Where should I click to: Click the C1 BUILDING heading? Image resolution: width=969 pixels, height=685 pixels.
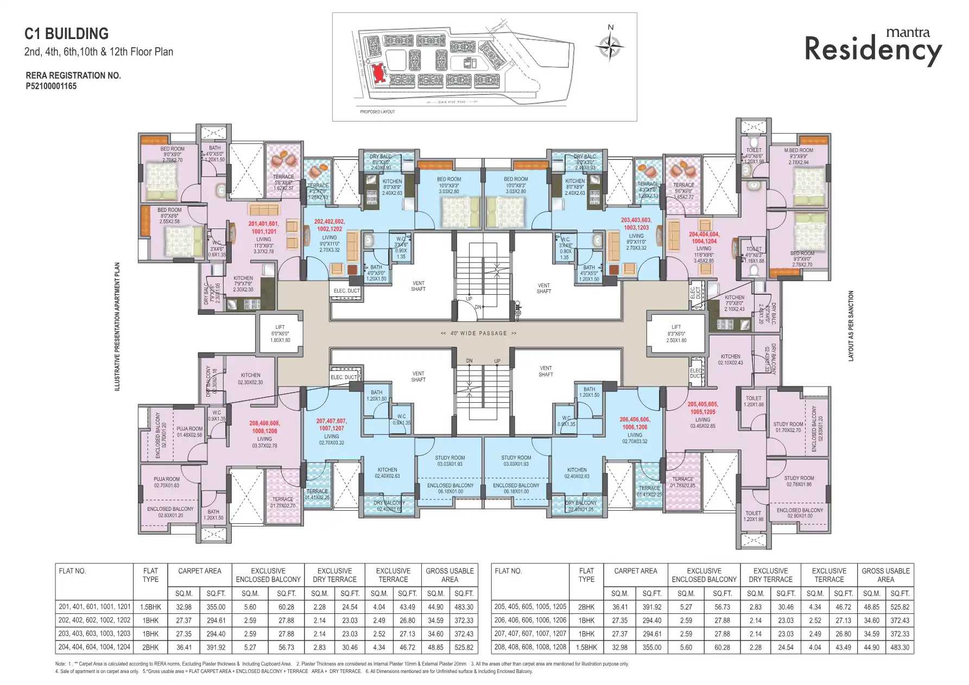(x=66, y=34)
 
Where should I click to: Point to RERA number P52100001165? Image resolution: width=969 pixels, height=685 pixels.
(x=51, y=86)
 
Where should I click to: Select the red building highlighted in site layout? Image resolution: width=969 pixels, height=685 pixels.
(x=378, y=73)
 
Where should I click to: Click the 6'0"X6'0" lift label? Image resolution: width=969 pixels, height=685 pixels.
(x=280, y=334)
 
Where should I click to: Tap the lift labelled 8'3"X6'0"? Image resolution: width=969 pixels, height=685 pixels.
(x=676, y=334)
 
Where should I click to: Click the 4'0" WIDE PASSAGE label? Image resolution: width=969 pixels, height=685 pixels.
(x=478, y=333)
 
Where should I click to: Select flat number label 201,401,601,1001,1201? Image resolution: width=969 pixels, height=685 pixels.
(x=264, y=227)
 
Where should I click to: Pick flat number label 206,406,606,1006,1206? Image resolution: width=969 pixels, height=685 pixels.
(x=635, y=423)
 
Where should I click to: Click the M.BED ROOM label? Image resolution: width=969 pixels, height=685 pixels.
(x=798, y=150)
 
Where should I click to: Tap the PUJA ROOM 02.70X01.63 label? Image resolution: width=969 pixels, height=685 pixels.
(x=167, y=482)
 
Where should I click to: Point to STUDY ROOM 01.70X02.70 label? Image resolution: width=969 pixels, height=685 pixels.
(x=788, y=427)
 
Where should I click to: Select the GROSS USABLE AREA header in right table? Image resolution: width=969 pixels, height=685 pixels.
(x=885, y=575)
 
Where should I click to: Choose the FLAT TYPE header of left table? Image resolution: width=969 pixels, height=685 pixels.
(x=150, y=575)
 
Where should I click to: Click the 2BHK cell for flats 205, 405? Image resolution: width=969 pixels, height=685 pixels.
(x=586, y=607)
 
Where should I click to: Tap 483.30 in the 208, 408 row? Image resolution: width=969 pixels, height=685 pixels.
(x=900, y=647)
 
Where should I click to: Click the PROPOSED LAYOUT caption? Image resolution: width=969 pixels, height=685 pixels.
(x=377, y=112)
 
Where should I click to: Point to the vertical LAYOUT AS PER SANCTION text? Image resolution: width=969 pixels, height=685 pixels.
(x=851, y=326)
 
